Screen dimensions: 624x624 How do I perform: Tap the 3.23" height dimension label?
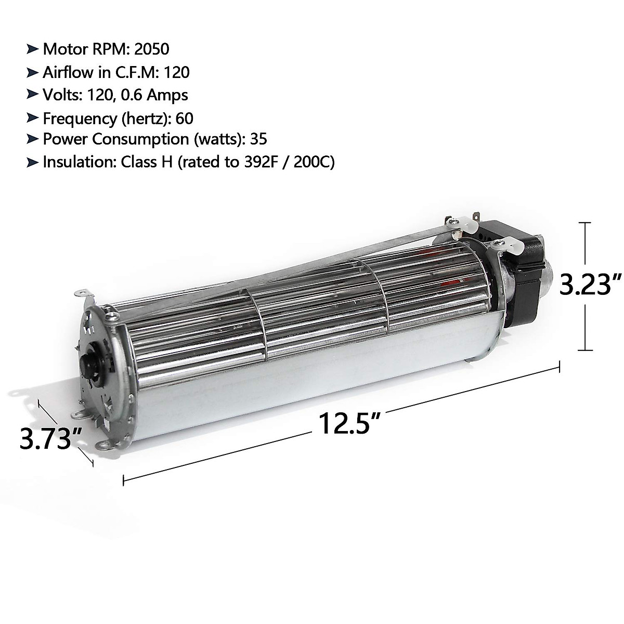point(591,285)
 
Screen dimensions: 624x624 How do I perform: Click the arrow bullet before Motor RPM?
point(32,49)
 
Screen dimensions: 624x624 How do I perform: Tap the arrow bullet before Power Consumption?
point(32,139)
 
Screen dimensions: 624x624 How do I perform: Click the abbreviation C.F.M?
point(137,72)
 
